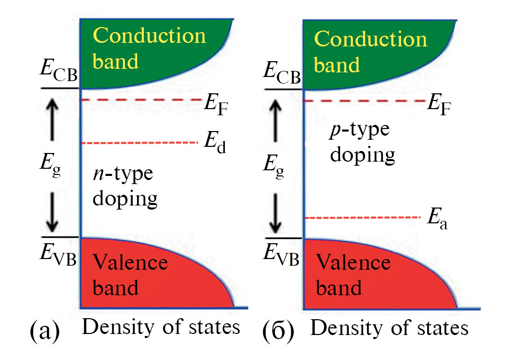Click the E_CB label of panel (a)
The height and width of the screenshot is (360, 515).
coord(58,74)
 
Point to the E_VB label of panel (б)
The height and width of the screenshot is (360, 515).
coord(281,251)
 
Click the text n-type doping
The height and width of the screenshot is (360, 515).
coord(124,187)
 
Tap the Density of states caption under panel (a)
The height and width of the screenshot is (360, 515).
coord(161,327)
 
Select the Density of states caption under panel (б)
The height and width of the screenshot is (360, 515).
coord(389,328)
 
